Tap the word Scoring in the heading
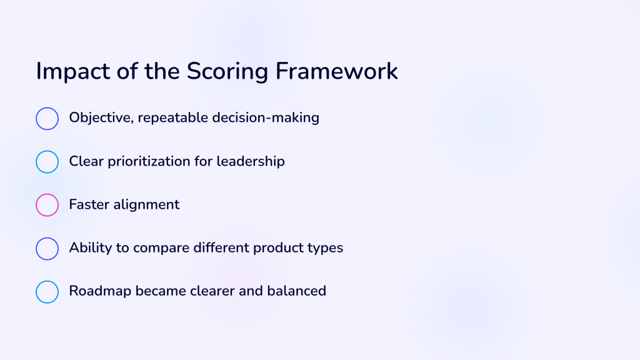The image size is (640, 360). point(227,72)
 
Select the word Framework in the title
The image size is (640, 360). point(337,71)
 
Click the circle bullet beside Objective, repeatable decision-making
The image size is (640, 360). point(47,107)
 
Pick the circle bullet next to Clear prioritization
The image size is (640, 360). point(47,151)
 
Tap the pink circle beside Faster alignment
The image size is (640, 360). point(47,194)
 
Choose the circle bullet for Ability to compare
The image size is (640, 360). point(47,237)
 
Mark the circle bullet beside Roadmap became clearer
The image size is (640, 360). point(47,281)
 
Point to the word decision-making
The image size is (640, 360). point(266,118)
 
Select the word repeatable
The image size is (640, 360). point(173,118)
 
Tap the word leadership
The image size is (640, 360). point(251,162)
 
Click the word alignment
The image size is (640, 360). point(146,205)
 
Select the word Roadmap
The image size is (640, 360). point(100,291)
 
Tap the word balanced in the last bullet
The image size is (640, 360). point(297,291)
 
